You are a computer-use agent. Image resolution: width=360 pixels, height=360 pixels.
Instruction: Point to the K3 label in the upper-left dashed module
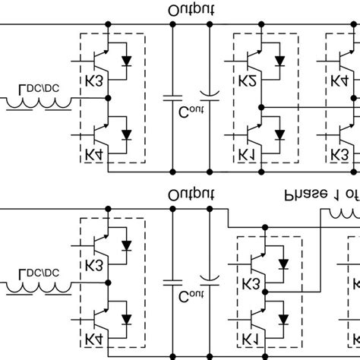[95, 81]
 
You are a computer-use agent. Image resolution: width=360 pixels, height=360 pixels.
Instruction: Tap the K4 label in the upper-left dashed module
[95, 156]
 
